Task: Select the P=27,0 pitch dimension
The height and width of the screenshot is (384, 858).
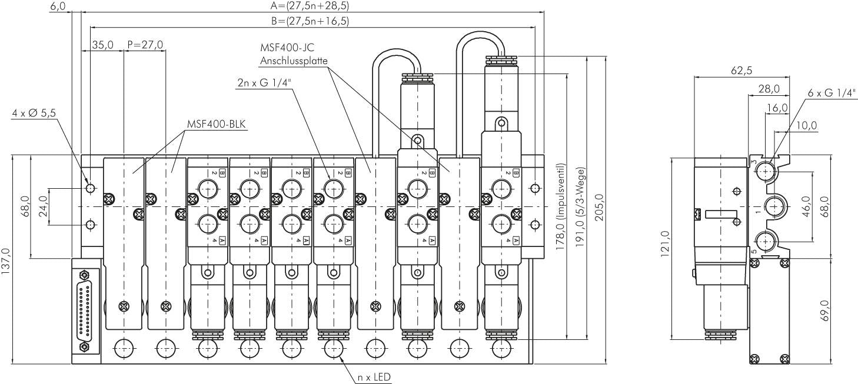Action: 145,45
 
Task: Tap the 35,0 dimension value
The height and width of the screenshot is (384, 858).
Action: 102,45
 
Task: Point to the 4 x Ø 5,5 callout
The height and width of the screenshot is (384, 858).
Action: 34,113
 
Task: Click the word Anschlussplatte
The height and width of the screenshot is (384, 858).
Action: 294,60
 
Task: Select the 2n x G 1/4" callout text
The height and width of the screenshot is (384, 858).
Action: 265,83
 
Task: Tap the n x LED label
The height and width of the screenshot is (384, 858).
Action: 374,377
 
